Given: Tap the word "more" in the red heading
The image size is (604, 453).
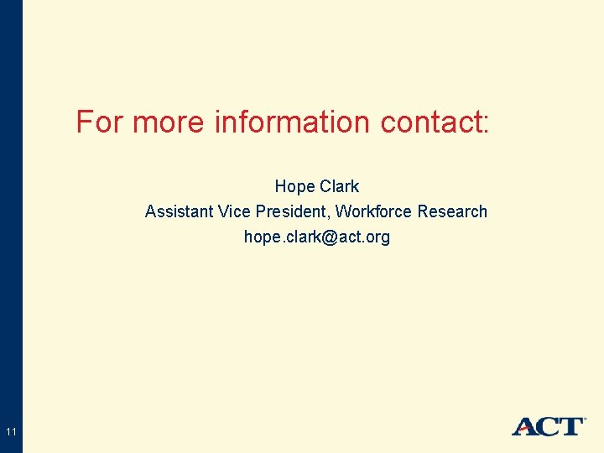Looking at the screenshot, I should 168,122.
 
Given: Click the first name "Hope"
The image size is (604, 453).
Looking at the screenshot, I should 293,186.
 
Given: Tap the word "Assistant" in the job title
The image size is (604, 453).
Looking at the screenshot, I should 179,211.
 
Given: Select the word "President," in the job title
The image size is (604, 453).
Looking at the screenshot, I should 292,211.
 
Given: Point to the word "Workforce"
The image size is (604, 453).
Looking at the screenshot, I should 373,211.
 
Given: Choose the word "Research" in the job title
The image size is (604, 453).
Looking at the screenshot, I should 452,211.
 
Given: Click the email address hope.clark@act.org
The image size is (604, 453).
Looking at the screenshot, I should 317,237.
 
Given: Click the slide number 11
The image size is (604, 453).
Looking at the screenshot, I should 11,432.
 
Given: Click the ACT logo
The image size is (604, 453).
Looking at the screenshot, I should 548,426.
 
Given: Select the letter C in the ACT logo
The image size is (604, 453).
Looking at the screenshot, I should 548,427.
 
